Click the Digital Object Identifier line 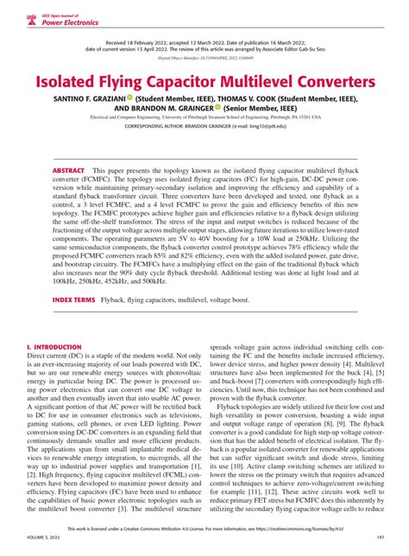[204, 63]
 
